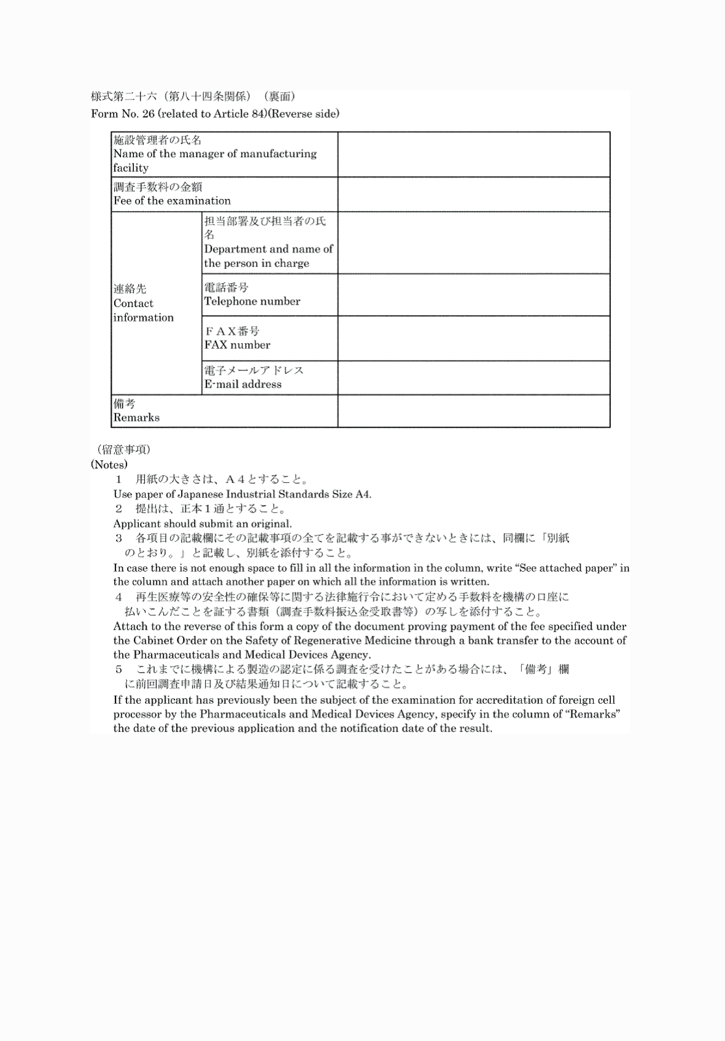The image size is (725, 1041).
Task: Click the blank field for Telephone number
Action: pyautogui.click(x=473, y=295)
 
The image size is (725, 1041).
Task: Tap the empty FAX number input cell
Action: pyautogui.click(x=473, y=338)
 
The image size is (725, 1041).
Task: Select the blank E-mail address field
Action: pyautogui.click(x=473, y=378)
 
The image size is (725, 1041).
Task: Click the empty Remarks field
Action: pyautogui.click(x=473, y=411)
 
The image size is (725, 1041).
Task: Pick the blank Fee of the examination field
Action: pyautogui.click(x=473, y=195)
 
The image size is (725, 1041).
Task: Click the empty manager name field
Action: pyautogui.click(x=473, y=154)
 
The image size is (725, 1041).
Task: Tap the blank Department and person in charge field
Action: pyautogui.click(x=473, y=243)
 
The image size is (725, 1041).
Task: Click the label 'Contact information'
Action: pyautogui.click(x=143, y=303)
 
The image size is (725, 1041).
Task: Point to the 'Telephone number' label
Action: pyautogui.click(x=252, y=302)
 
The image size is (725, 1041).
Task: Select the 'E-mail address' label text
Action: pyautogui.click(x=243, y=384)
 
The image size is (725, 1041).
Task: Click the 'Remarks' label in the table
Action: pyautogui.click(x=136, y=418)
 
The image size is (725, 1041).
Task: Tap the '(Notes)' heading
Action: pyautogui.click(x=109, y=465)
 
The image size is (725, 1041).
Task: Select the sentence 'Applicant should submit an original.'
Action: pyautogui.click(x=203, y=524)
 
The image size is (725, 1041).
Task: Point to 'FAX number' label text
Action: pyautogui.click(x=238, y=345)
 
